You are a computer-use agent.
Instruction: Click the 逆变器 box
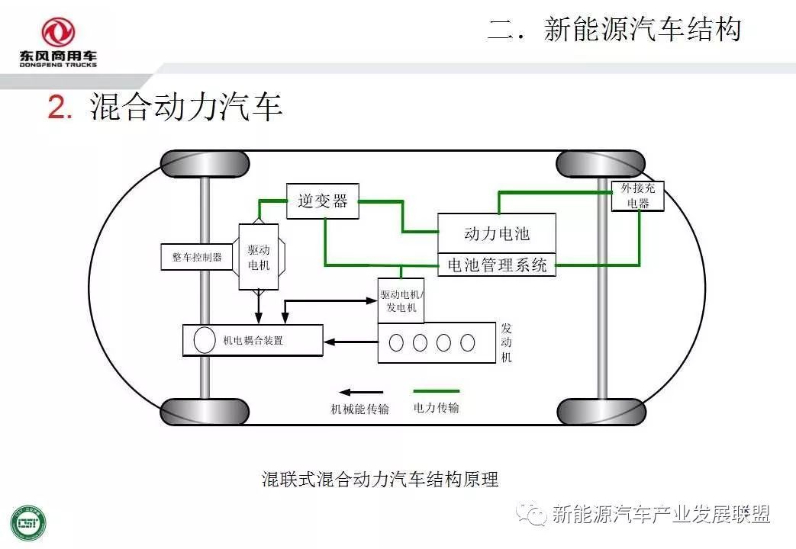pos(322,201)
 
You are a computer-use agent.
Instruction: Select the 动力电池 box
pos(496,233)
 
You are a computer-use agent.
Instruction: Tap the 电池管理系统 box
pos(496,265)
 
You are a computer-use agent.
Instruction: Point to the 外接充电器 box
pos(637,195)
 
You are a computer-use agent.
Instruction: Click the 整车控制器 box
pos(197,257)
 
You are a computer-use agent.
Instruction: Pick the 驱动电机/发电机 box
pos(401,300)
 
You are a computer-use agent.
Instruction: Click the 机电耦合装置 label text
pos(253,340)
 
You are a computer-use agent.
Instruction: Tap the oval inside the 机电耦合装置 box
pos(205,339)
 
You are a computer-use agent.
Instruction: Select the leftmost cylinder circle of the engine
pos(396,342)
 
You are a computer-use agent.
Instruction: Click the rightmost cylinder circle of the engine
pos(467,342)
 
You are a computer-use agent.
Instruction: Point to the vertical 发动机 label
pos(507,342)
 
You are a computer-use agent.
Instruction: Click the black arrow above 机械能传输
pos(361,392)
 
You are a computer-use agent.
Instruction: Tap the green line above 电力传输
pos(436,391)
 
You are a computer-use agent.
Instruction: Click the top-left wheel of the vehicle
pos(205,164)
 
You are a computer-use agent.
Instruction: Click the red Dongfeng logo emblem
pos(58,32)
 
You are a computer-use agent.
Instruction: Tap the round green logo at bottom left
pos(27,522)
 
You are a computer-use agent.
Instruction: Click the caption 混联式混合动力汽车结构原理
pos(380,480)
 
